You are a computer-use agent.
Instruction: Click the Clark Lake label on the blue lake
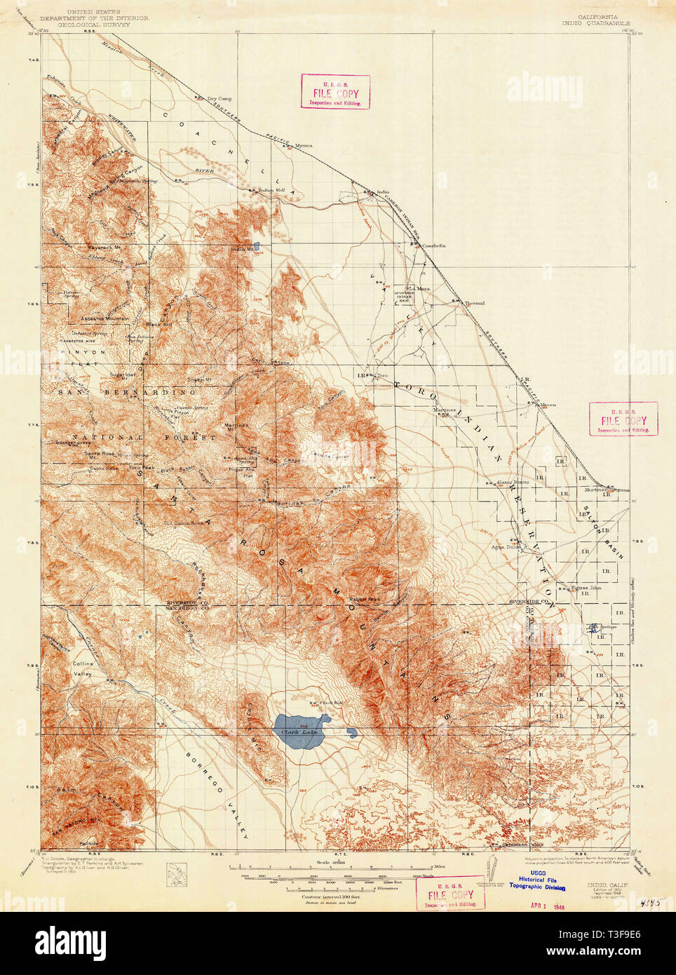(x=300, y=732)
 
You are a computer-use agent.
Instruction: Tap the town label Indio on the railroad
(x=382, y=191)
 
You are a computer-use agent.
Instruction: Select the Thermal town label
(x=475, y=303)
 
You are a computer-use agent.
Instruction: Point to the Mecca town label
(x=548, y=404)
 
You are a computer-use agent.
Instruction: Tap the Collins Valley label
(x=83, y=668)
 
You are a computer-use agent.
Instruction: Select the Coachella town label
(x=433, y=246)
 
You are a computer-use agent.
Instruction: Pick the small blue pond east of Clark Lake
(x=352, y=733)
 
